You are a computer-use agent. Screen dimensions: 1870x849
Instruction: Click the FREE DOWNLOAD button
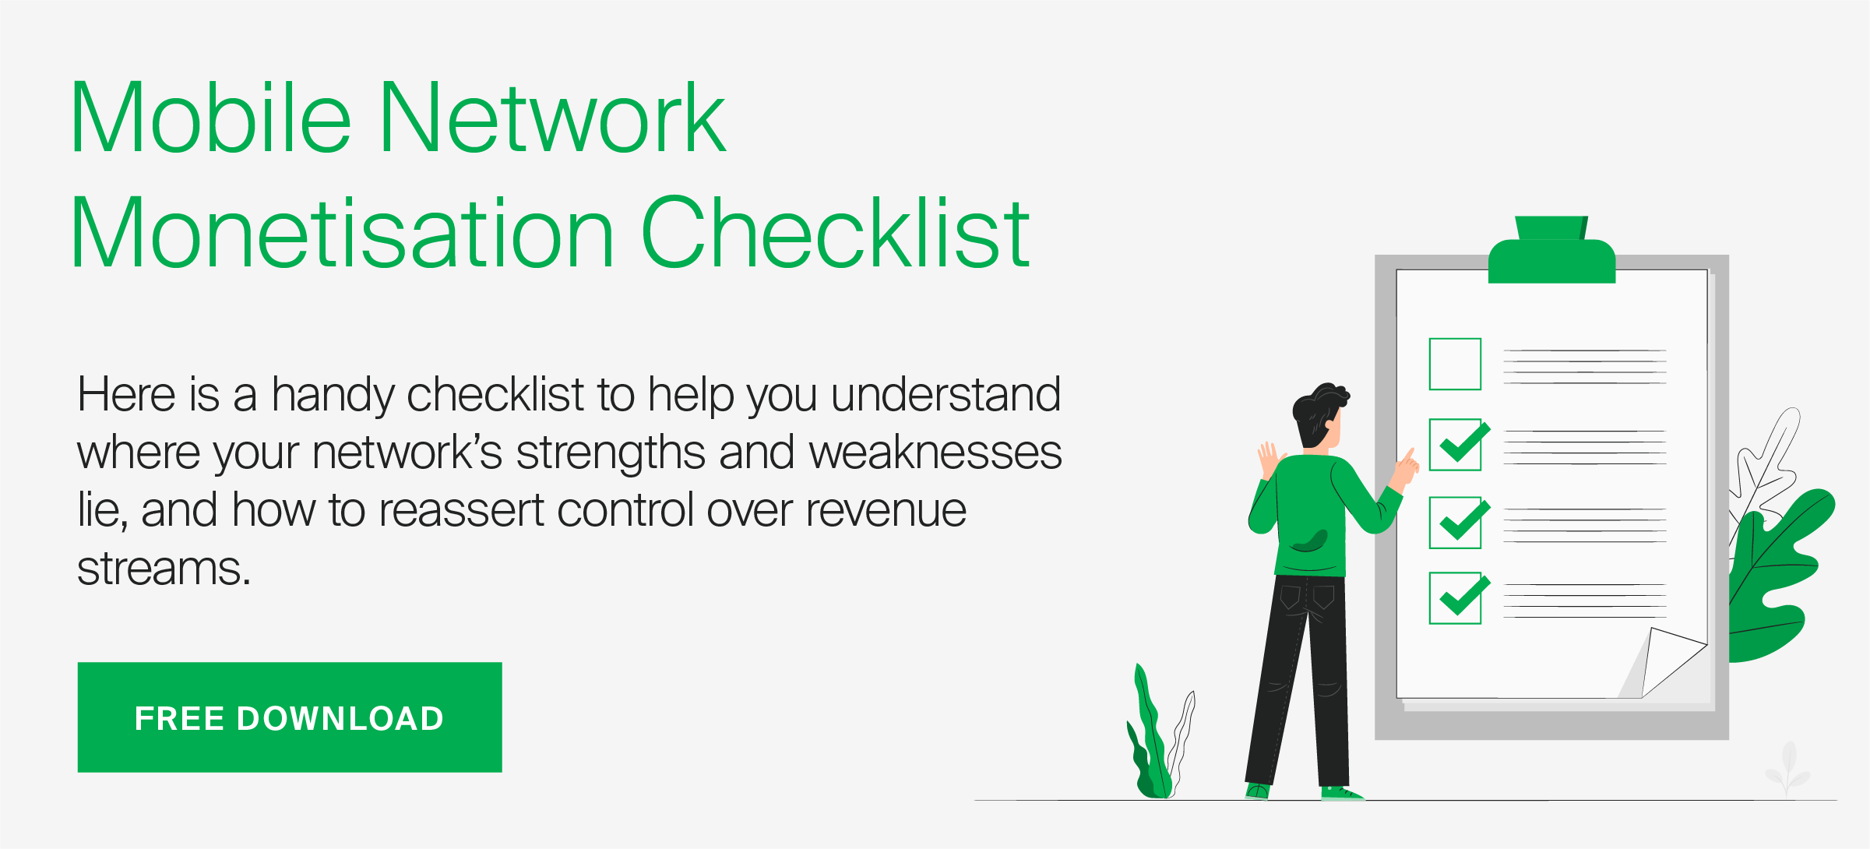290,717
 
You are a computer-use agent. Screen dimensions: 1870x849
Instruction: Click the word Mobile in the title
211,118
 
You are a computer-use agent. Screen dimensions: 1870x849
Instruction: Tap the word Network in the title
553,118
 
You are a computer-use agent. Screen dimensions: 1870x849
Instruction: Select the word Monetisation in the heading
343,233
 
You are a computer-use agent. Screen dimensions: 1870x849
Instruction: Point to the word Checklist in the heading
836,233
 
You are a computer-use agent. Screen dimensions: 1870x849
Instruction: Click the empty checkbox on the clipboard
1455,364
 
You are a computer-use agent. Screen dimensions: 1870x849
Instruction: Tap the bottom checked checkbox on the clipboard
1459,597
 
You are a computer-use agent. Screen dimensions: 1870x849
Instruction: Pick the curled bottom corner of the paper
1667,662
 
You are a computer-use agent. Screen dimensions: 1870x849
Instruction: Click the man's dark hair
1318,413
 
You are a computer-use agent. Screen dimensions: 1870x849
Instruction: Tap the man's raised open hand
1269,459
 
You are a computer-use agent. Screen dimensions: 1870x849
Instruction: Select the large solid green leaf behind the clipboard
1776,576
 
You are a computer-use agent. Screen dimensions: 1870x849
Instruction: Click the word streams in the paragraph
164,569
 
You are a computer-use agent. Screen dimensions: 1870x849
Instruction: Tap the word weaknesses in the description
935,453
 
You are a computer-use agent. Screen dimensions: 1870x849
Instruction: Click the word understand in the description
946,394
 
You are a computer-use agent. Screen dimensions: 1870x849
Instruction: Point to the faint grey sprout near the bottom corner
1788,768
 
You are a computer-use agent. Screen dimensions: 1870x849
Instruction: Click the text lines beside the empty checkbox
1585,367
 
